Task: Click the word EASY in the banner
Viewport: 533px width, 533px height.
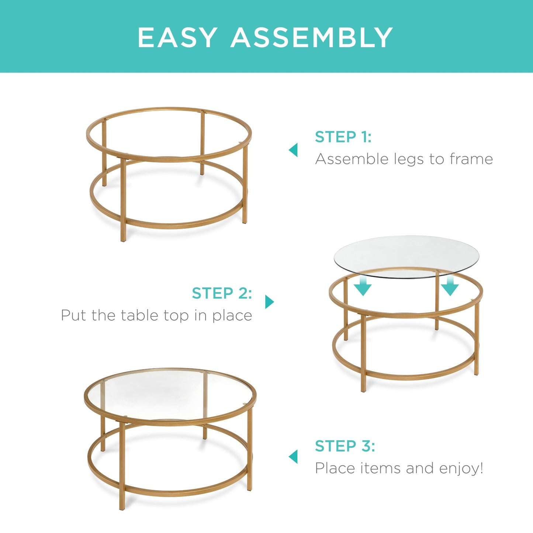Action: [x=177, y=37]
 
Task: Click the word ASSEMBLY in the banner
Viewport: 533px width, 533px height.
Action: [x=312, y=37]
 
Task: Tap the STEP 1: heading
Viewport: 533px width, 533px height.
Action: [x=343, y=137]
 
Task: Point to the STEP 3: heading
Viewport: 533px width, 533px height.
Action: [x=345, y=446]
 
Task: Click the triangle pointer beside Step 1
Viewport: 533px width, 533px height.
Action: [x=294, y=150]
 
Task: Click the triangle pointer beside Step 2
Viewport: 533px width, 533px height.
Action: [x=269, y=302]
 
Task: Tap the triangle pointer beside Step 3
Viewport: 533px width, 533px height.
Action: [x=294, y=457]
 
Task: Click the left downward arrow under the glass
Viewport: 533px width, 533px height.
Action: [x=363, y=287]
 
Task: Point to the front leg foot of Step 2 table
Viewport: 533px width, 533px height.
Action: [x=363, y=389]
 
